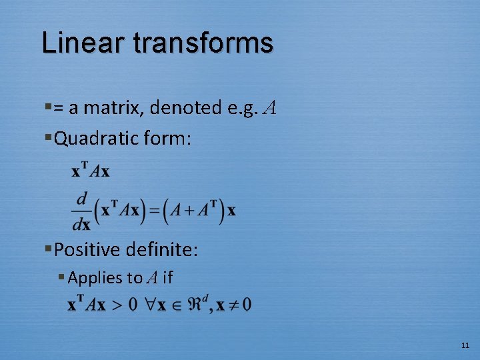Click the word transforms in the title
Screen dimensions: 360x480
pyautogui.click(x=203, y=43)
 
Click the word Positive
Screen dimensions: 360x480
pyautogui.click(x=87, y=250)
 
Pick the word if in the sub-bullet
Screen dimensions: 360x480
pyautogui.click(x=167, y=278)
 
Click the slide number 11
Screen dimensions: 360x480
pyautogui.click(x=465, y=345)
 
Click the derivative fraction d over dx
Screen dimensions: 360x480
pyautogui.click(x=81, y=211)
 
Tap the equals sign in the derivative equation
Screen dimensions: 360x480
pyautogui.click(x=153, y=211)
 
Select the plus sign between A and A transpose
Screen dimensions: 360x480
pyautogui.click(x=189, y=211)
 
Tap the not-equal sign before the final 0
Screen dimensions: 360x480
pyautogui.click(x=233, y=305)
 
